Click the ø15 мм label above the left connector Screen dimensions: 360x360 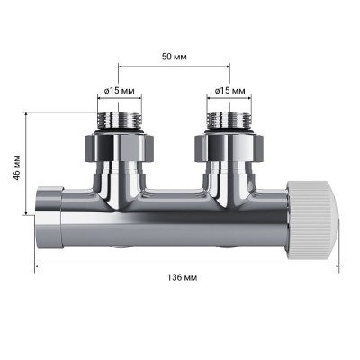point(120,90)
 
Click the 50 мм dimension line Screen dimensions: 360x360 point(173,66)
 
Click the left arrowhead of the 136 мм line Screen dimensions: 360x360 point(38,267)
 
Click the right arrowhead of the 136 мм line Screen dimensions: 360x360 point(337,267)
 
